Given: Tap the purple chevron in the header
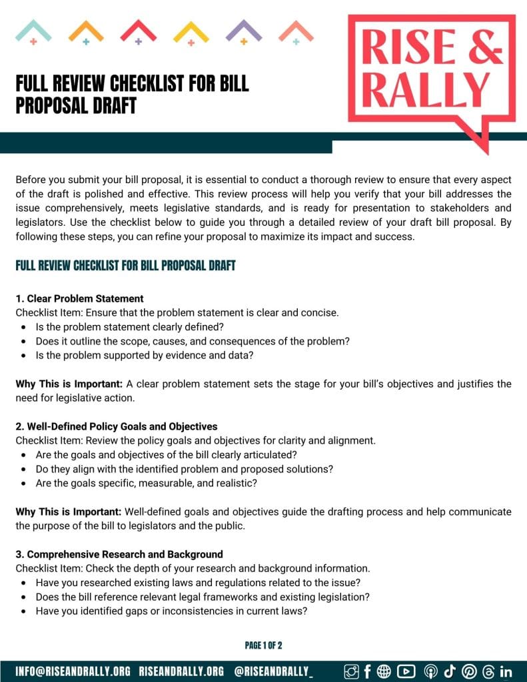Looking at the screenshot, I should tap(244, 31).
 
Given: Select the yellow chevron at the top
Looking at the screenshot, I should tap(191, 31).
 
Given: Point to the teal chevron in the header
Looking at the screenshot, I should tap(33, 31).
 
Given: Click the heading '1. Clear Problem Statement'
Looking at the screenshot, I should tap(79, 298).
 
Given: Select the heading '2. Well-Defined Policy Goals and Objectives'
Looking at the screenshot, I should tap(117, 426).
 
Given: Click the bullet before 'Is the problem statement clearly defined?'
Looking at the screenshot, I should tap(24, 327).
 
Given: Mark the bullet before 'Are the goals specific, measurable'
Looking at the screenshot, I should tap(24, 484).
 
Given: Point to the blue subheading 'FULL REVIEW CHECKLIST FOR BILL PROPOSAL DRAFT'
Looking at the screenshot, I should tap(126, 266).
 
